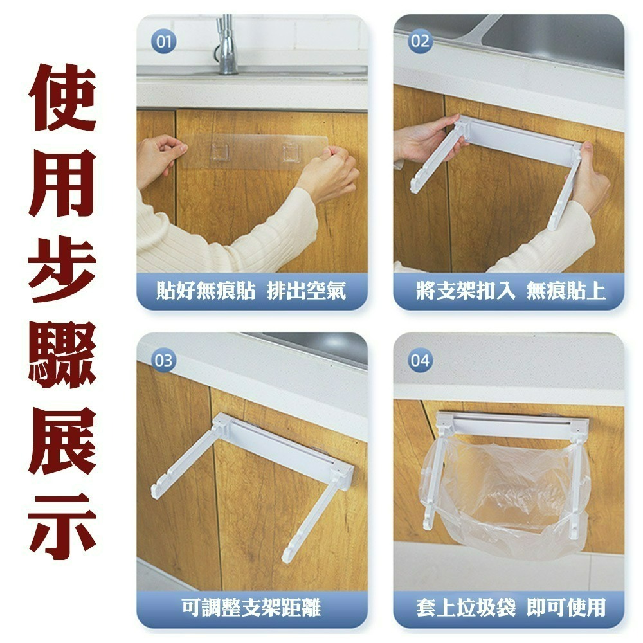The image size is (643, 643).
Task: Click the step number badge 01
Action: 163,43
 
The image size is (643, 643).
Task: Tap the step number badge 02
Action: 420,42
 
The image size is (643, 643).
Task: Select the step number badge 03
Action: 163,360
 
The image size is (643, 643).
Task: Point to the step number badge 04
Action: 420,360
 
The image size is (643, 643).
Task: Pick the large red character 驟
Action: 63,355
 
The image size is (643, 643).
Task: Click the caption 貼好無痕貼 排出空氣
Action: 251,291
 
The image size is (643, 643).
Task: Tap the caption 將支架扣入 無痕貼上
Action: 510,291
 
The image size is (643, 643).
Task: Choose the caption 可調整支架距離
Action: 251,607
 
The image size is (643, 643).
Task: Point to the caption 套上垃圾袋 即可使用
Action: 510,607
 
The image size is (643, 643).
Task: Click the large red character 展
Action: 63,440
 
